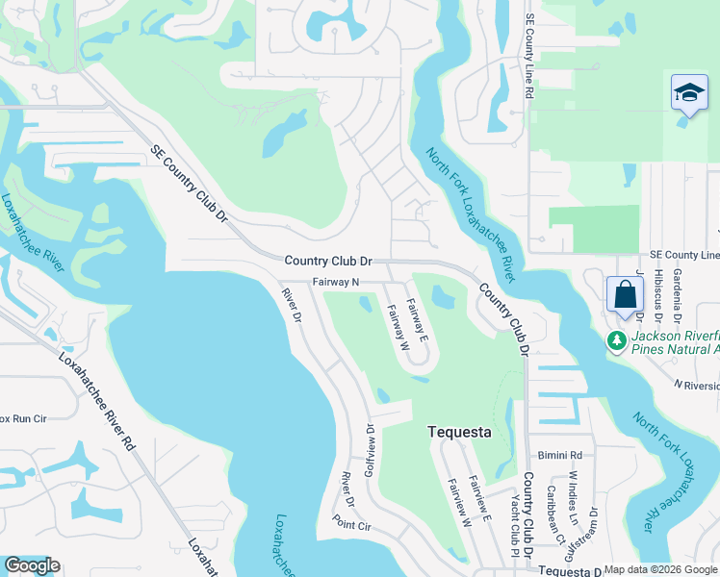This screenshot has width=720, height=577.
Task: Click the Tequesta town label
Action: click(x=459, y=433)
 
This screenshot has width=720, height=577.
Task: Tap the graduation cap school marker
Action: click(x=688, y=94)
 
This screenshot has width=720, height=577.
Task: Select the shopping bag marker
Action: click(x=624, y=295)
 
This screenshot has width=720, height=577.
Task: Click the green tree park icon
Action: click(x=615, y=340)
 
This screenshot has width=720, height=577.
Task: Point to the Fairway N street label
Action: click(x=335, y=283)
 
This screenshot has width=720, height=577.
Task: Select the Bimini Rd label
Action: click(x=562, y=455)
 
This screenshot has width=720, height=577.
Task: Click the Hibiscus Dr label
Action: click(x=658, y=292)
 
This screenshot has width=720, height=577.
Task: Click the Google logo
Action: click(x=32, y=565)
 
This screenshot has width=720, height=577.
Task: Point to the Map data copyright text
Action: click(x=659, y=570)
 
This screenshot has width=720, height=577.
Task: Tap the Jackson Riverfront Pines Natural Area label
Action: click(x=675, y=342)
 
